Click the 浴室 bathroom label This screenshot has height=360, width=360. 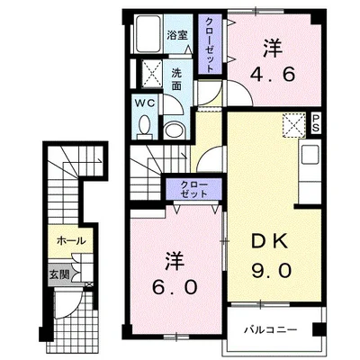(x=177, y=35)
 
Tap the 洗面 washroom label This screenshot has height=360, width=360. (x=177, y=77)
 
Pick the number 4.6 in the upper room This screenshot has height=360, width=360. (x=274, y=76)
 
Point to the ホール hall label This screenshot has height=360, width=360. (x=71, y=241)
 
